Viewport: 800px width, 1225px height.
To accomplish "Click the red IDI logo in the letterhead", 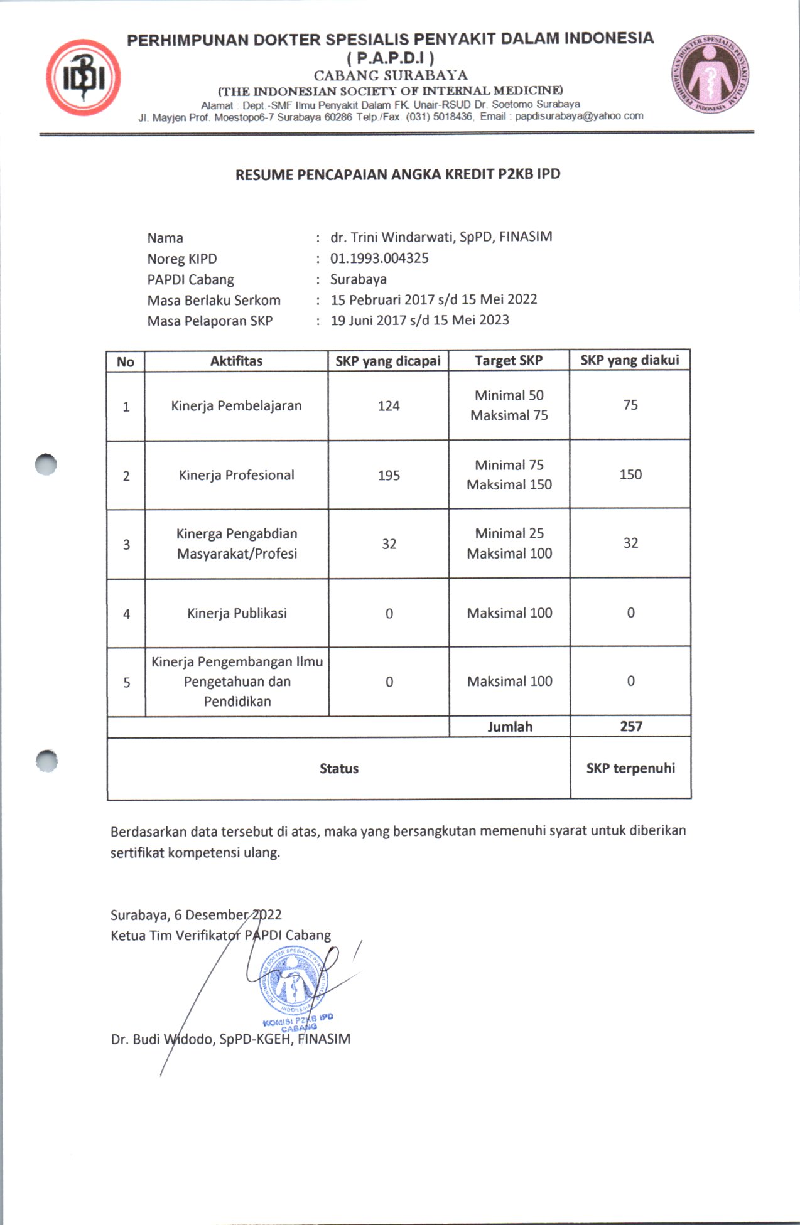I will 83,78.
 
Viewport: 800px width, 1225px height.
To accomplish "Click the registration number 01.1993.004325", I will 379,258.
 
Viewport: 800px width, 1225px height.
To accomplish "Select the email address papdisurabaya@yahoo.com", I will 579,116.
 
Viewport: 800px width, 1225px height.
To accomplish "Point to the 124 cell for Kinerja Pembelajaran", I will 389,406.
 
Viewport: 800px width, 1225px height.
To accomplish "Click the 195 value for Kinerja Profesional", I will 389,475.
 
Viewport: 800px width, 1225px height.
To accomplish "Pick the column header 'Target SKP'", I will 509,361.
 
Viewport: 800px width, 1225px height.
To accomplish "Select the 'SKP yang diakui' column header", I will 630,360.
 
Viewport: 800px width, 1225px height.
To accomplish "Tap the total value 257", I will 631,726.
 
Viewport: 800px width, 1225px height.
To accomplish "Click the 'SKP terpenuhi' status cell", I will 630,768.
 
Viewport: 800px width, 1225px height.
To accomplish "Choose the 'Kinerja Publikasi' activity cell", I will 237,613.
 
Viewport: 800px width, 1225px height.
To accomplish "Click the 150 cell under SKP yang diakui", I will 630,474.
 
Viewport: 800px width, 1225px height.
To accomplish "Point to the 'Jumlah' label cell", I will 510,727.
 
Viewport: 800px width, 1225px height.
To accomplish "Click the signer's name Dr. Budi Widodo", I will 163,1039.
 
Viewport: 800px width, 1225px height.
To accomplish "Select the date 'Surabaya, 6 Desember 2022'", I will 196,915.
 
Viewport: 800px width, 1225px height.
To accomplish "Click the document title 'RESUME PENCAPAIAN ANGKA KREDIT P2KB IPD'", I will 397,174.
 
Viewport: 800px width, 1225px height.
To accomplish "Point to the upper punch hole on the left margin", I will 46,464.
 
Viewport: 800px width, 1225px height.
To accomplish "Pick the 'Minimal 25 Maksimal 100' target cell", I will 509,543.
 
